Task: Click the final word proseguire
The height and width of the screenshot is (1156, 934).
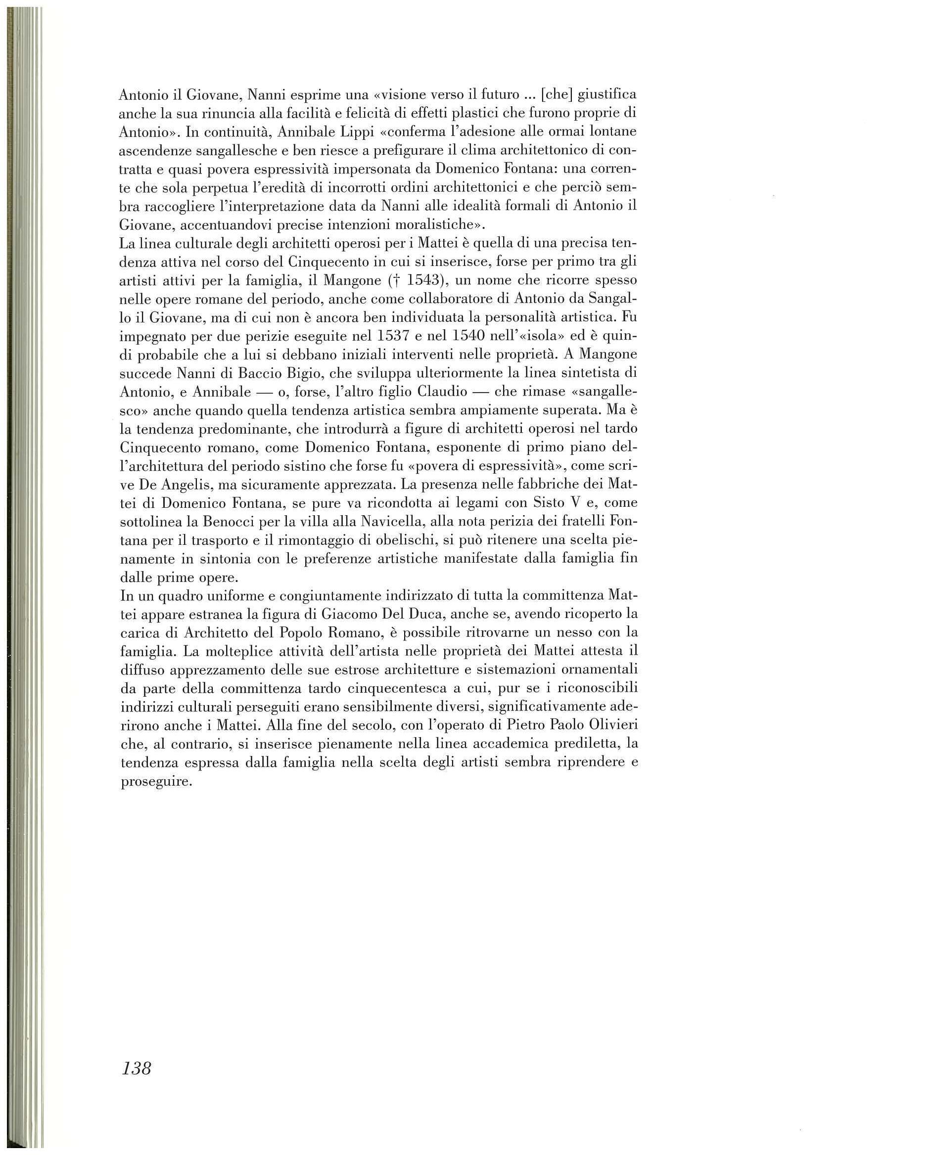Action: [x=156, y=781]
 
